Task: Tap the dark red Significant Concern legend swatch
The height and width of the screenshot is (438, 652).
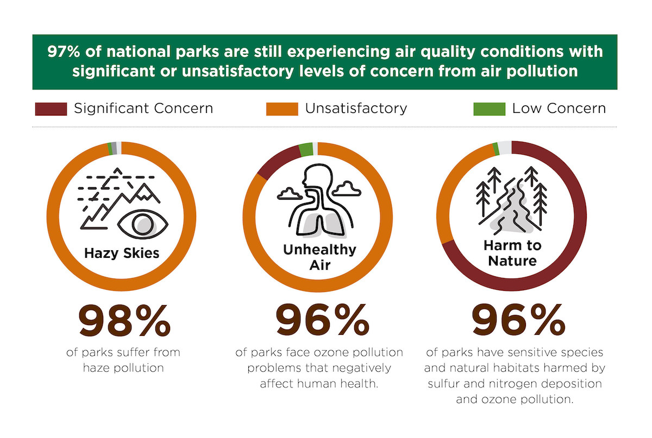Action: [51, 108]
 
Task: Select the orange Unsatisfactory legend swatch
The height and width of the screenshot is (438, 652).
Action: [282, 108]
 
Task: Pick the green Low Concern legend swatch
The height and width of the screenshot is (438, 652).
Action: [490, 108]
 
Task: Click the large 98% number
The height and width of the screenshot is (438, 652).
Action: [124, 321]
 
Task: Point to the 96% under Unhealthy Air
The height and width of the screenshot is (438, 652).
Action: [322, 321]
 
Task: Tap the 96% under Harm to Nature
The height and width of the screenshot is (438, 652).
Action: [518, 321]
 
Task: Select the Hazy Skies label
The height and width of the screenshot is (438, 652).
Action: [122, 253]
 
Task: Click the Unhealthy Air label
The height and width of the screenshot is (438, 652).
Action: [319, 257]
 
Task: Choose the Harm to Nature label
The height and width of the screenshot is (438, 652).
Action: [512, 253]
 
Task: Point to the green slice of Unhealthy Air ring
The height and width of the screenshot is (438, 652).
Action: [306, 149]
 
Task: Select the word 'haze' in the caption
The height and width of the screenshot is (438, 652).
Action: [97, 368]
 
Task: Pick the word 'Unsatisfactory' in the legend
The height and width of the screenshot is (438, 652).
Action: [356, 108]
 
